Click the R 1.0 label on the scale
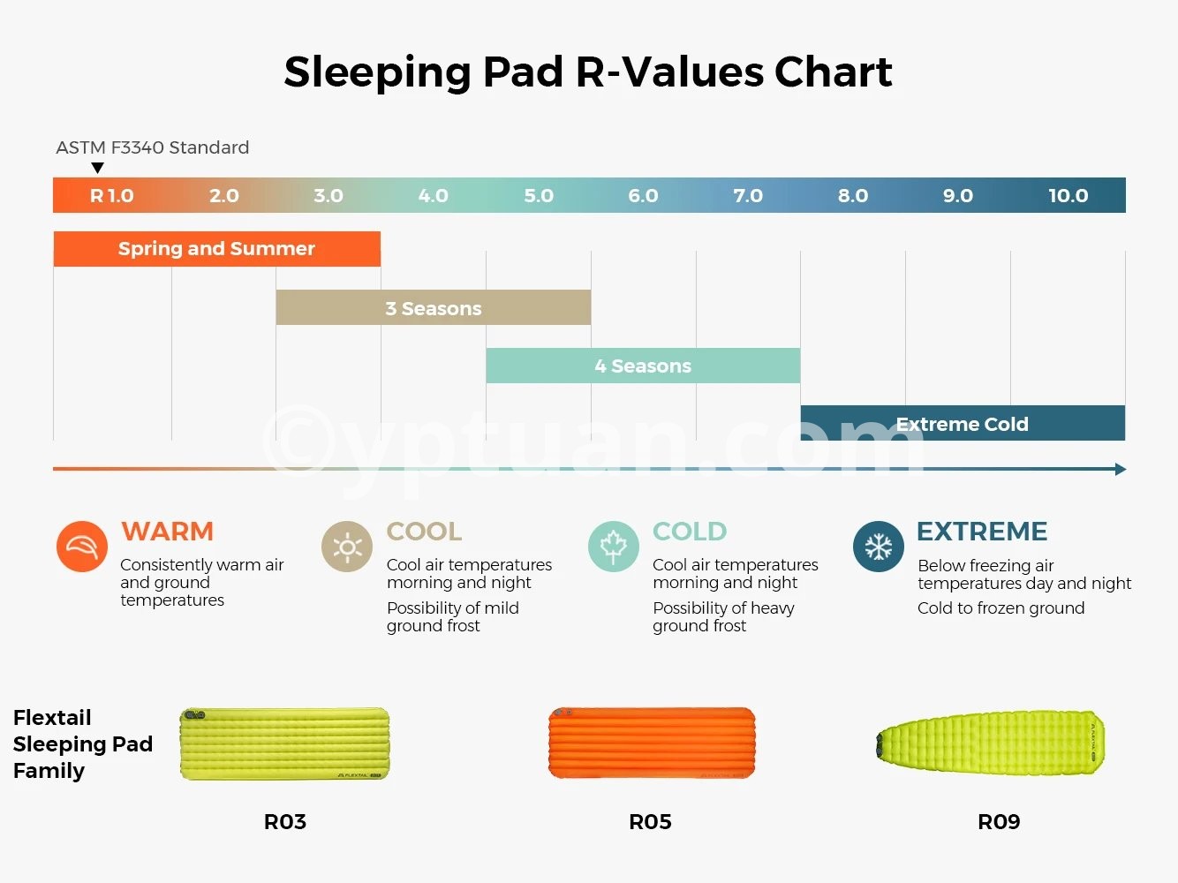pos(111,196)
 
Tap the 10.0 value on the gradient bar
pos(1068,196)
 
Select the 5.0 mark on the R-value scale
pos(539,196)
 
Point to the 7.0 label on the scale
pos(748,196)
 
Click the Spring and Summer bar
pos(217,249)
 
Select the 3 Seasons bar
pos(433,307)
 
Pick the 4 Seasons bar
pos(643,366)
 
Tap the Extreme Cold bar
pos(963,423)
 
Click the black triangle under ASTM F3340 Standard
pos(97,168)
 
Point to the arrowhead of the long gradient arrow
pos(1121,470)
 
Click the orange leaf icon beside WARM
pos(82,547)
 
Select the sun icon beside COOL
pos(347,547)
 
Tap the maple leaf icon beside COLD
pos(614,547)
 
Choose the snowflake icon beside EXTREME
pos(879,547)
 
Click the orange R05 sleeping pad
pos(652,743)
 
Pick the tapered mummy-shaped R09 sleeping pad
pos(991,743)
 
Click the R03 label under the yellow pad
pos(285,822)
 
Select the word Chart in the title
pos(834,72)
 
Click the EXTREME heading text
pos(982,532)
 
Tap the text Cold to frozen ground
pos(1001,608)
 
